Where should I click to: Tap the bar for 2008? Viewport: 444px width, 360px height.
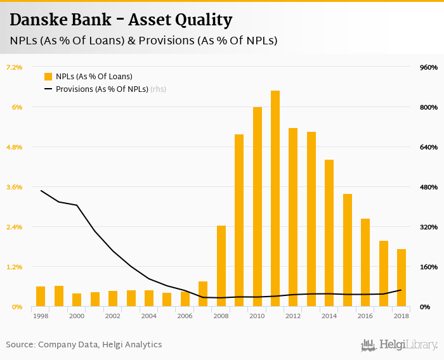tap(221, 266)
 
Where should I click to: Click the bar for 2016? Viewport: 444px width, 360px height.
tap(365, 262)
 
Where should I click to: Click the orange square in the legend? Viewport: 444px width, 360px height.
tap(48, 77)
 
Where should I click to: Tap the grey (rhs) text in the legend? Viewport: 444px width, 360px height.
tap(158, 89)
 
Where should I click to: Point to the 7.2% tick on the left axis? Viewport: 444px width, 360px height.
tap(14, 67)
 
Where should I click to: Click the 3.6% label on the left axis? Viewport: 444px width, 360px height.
tap(14, 187)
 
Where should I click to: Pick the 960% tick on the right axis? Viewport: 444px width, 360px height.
tap(429, 67)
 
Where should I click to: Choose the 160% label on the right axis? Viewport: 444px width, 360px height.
tap(429, 267)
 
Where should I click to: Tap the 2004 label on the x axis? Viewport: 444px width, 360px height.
tap(149, 316)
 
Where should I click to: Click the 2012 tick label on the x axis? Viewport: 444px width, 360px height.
tap(293, 316)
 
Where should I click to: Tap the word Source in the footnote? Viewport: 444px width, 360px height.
tap(20, 345)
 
